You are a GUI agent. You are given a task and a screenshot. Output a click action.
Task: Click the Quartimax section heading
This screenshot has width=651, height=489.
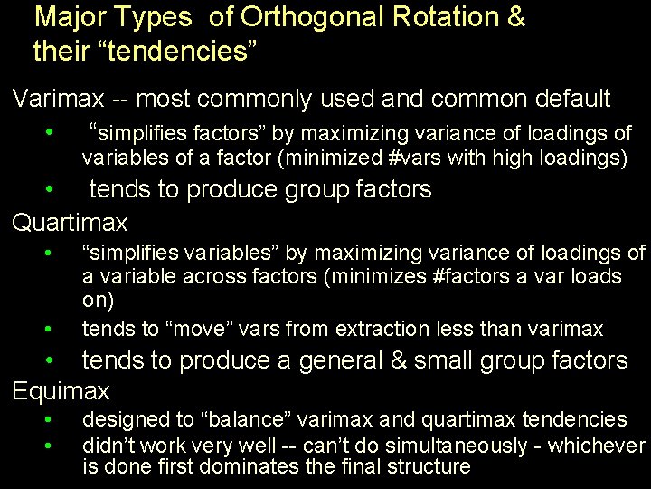(x=70, y=222)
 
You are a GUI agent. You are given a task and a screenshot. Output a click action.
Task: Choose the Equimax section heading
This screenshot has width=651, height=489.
(x=61, y=391)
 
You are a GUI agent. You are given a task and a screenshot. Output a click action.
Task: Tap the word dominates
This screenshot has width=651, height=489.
(x=275, y=467)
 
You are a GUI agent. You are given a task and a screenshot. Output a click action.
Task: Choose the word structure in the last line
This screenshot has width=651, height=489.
(x=433, y=467)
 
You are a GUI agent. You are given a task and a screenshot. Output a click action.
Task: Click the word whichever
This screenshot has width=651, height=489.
(x=598, y=446)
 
